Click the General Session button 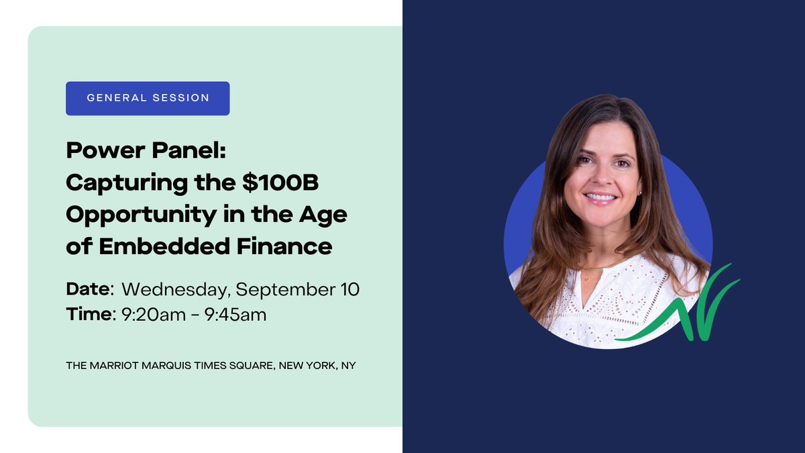[x=148, y=98]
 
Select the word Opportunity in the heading [x=133, y=215]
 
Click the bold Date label [x=89, y=289]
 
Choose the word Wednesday [x=176, y=290]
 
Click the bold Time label [x=89, y=313]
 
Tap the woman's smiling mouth [x=600, y=197]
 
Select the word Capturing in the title [x=127, y=183]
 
